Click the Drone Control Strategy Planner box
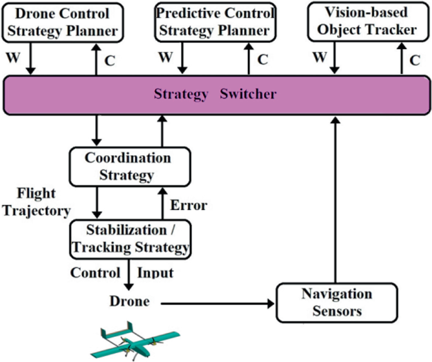click(x=61, y=22)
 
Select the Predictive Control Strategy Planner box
click(x=214, y=22)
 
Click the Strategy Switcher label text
click(x=215, y=94)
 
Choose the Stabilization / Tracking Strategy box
click(x=130, y=238)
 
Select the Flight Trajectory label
click(x=35, y=202)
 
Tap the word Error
click(x=189, y=206)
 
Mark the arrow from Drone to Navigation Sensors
click(x=218, y=303)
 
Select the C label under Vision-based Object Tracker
click(x=414, y=60)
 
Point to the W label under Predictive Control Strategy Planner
click(x=165, y=59)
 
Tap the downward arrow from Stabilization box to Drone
click(x=130, y=274)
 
